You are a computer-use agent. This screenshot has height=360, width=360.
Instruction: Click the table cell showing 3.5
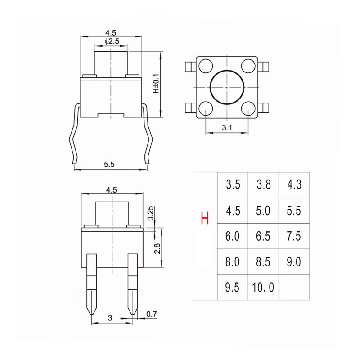[x=233, y=184]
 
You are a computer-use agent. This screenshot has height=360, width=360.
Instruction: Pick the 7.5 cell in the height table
[x=294, y=236]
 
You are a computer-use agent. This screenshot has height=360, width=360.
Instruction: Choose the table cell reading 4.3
[x=294, y=184]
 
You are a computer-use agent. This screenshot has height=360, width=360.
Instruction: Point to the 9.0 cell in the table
[x=294, y=261]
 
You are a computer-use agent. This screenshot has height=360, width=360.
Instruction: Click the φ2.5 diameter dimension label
[x=111, y=41]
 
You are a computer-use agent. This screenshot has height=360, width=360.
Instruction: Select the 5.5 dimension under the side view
[x=110, y=165]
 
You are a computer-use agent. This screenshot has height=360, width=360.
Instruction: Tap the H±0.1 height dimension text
[x=156, y=84]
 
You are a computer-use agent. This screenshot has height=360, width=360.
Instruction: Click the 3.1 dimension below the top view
[x=227, y=128]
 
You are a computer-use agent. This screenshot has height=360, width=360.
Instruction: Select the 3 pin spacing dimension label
[x=109, y=318]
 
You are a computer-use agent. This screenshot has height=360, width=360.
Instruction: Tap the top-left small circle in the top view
[x=206, y=66]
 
